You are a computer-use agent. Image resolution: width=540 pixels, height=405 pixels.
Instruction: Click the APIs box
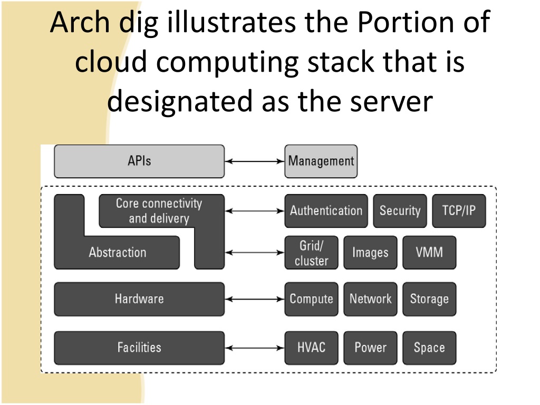pyautogui.click(x=139, y=161)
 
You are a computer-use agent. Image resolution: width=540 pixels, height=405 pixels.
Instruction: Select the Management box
pyautogui.click(x=321, y=161)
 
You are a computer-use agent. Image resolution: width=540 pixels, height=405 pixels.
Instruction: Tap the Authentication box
pyautogui.click(x=326, y=211)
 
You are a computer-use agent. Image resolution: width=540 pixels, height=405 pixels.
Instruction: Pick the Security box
pyautogui.click(x=400, y=211)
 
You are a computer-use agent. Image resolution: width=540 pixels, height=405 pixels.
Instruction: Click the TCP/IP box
pyautogui.click(x=459, y=211)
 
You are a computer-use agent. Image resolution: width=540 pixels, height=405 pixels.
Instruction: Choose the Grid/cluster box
pyautogui.click(x=311, y=253)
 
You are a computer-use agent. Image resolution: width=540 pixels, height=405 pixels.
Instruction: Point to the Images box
pyautogui.click(x=370, y=253)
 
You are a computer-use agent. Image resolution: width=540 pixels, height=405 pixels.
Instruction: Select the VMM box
pyautogui.click(x=429, y=253)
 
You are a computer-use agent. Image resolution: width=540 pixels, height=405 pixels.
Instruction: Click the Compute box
pyautogui.click(x=311, y=299)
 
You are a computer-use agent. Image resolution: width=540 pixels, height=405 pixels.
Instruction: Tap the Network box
pyautogui.click(x=370, y=299)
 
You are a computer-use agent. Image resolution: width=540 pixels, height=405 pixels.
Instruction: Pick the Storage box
pyautogui.click(x=429, y=299)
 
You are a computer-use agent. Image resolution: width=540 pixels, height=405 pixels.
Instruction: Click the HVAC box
pyautogui.click(x=311, y=348)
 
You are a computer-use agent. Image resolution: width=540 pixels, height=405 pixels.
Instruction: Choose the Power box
pyautogui.click(x=370, y=348)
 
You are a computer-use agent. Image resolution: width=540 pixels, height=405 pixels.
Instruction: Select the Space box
pyautogui.click(x=429, y=348)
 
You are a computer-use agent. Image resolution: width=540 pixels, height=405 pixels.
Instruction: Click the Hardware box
pyautogui.click(x=139, y=299)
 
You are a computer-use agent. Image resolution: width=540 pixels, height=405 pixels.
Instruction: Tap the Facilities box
pyautogui.click(x=139, y=348)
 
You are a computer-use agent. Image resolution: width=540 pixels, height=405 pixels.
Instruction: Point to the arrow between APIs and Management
pyautogui.click(x=255, y=161)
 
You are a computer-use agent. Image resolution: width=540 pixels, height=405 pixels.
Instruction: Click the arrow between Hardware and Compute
pyautogui.click(x=255, y=300)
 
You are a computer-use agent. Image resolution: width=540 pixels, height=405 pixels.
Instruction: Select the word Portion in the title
pyautogui.click(x=406, y=22)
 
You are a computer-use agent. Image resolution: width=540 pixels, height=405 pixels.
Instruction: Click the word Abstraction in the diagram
pyautogui.click(x=118, y=253)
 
